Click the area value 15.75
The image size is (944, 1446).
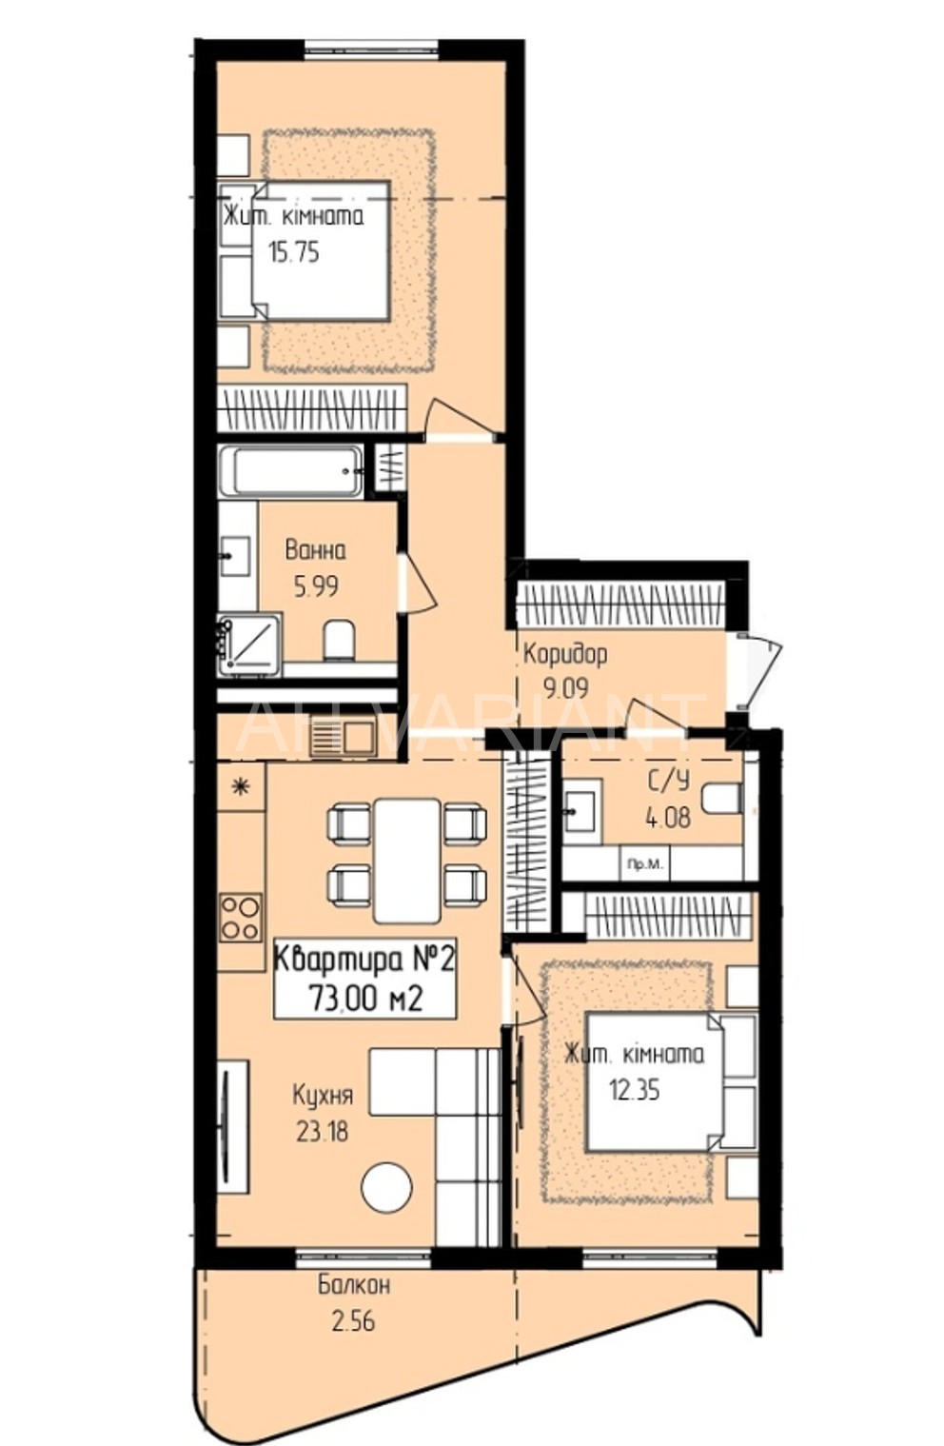[x=294, y=252]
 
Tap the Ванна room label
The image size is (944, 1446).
[x=315, y=550]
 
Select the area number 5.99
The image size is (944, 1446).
[x=316, y=586]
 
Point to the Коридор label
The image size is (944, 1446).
[x=564, y=655]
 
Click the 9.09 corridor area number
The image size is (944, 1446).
[x=565, y=689]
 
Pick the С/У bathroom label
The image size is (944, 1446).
[x=668, y=782]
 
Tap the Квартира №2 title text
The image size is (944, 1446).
[x=364, y=961]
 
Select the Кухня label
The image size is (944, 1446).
[x=322, y=1096]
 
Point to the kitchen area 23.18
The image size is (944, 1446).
[x=322, y=1130]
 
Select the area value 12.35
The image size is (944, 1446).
[x=635, y=1090]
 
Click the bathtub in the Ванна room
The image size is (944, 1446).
[x=290, y=472]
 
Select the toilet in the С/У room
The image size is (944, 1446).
[x=721, y=799]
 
